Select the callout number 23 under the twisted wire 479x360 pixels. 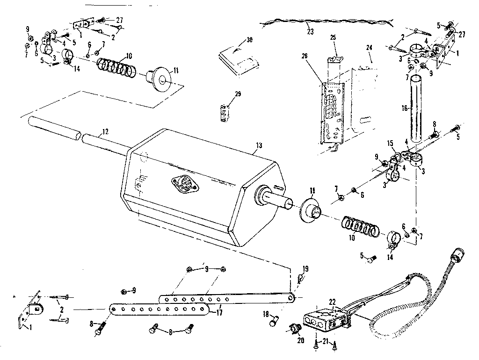point(310,31)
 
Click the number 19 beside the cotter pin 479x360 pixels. point(305,269)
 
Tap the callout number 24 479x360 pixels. point(369,47)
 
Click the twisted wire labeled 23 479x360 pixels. point(327,22)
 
